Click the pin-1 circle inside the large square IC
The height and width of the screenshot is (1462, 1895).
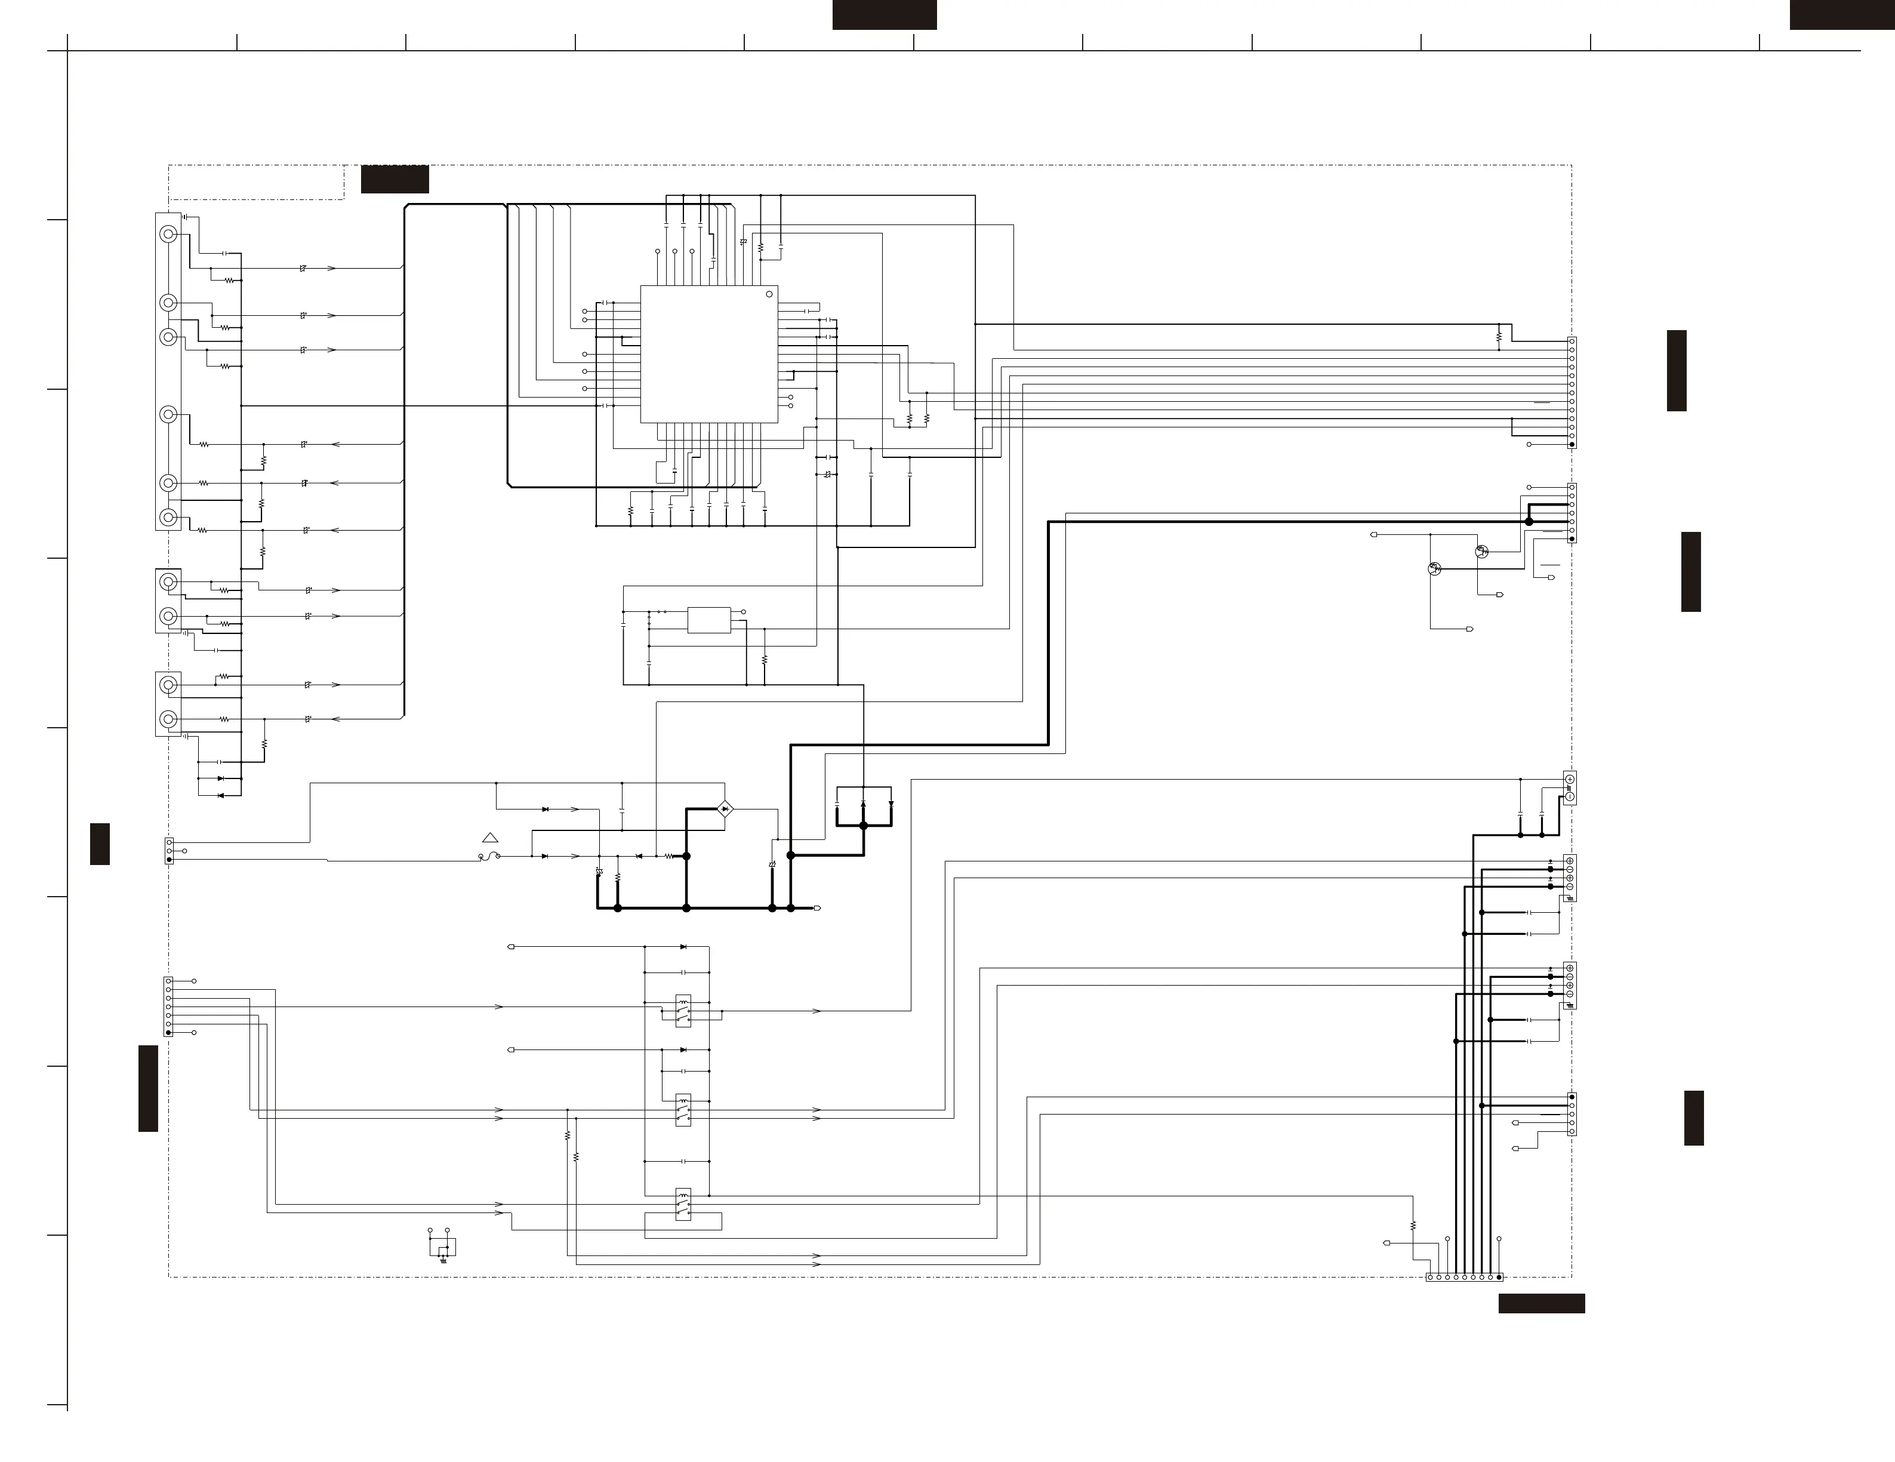769,295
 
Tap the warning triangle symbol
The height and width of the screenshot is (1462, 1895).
490,838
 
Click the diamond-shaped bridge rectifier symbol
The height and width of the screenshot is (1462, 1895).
725,810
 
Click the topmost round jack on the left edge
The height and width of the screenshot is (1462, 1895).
168,234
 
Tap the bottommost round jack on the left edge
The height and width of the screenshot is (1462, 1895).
168,719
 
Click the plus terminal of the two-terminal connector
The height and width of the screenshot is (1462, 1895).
1570,779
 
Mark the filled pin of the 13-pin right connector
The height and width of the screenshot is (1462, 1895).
1572,444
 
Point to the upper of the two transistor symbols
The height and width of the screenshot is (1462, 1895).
1481,552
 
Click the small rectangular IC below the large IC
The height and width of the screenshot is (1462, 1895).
709,620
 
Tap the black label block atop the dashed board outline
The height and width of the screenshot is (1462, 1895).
395,178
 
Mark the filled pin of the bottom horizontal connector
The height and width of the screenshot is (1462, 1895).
1499,1277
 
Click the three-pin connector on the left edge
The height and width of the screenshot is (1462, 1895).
169,851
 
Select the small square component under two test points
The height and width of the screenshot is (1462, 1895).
442,1248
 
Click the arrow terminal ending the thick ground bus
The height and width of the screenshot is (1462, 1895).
816,909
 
